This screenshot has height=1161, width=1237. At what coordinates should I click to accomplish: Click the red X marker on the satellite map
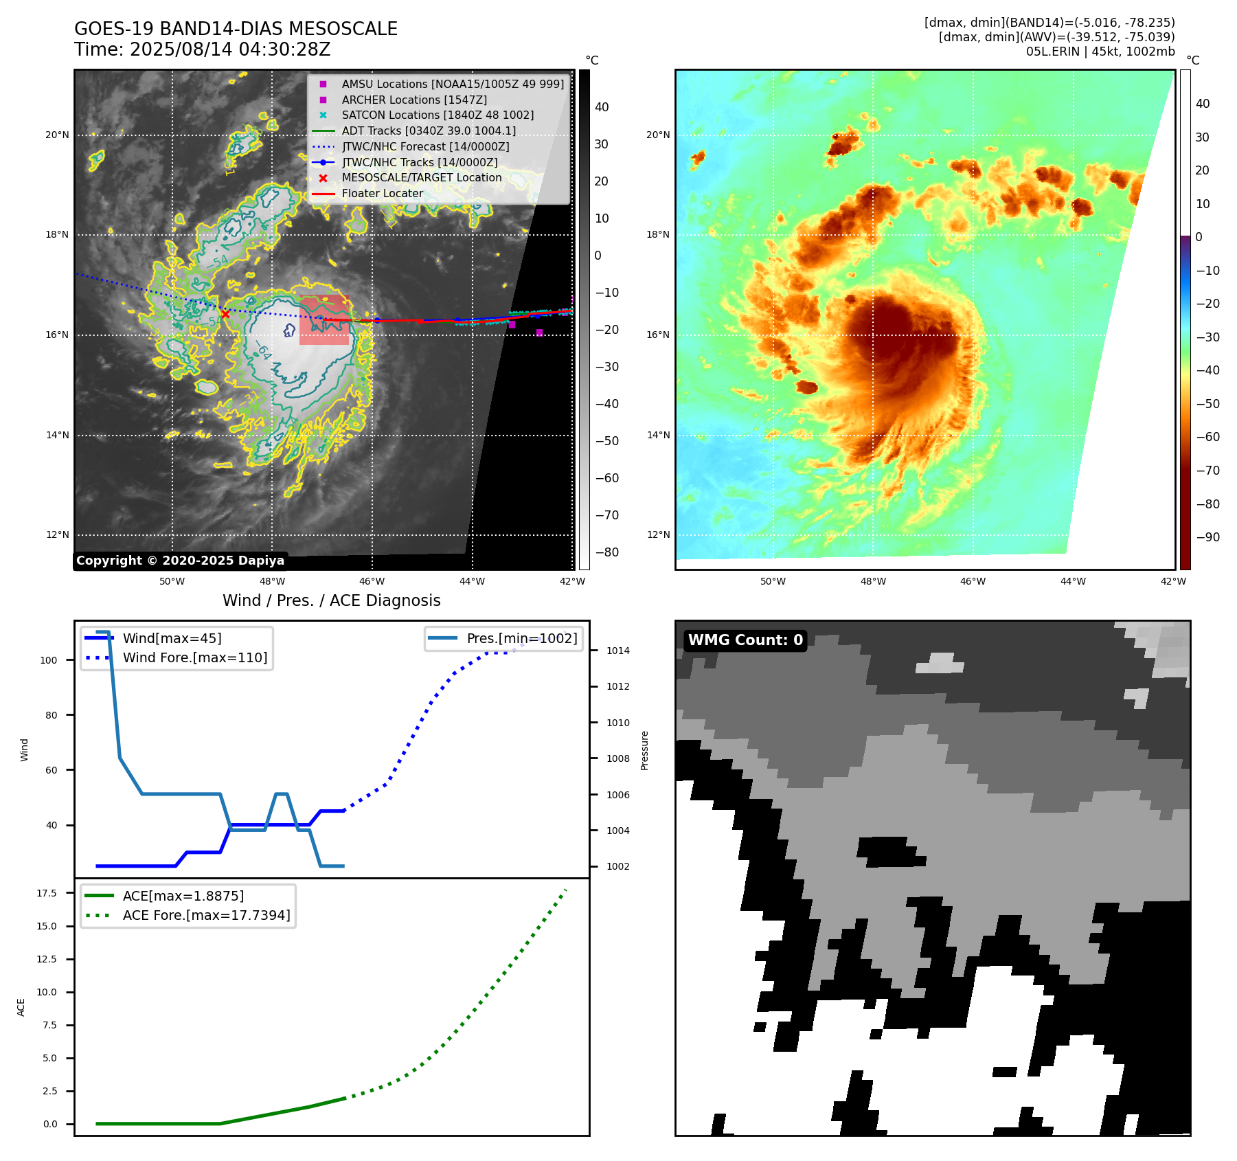click(225, 314)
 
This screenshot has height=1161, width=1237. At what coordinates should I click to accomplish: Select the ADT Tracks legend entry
click(428, 131)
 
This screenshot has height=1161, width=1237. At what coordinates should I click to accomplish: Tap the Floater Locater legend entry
click(382, 193)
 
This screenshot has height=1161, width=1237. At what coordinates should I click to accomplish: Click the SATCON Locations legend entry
click(437, 115)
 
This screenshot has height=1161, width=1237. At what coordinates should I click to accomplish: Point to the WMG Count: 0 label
click(745, 640)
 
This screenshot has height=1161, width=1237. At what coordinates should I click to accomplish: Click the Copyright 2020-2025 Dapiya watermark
click(180, 561)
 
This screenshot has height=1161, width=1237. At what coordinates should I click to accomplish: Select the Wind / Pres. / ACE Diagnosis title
click(331, 600)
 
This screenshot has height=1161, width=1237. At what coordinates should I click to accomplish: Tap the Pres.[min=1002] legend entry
click(521, 638)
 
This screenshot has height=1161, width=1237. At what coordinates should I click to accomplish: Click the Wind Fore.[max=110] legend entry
click(194, 657)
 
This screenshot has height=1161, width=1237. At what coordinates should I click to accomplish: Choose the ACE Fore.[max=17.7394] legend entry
click(206, 915)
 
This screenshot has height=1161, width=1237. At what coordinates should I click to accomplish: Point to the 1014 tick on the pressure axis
click(617, 651)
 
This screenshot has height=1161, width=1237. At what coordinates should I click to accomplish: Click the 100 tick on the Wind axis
click(49, 660)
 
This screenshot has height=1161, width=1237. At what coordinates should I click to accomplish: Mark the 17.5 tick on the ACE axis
click(47, 893)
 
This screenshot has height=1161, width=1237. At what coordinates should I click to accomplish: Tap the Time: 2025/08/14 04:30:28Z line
click(203, 49)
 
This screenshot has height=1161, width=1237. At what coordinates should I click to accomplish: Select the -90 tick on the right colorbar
click(1207, 537)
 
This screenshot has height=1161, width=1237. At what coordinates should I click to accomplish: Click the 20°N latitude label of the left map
click(57, 135)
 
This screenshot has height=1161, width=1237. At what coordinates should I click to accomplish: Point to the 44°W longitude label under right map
click(1073, 581)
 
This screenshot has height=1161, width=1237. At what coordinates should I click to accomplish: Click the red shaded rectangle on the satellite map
click(324, 320)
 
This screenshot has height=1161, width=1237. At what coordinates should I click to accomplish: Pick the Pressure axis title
click(644, 750)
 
